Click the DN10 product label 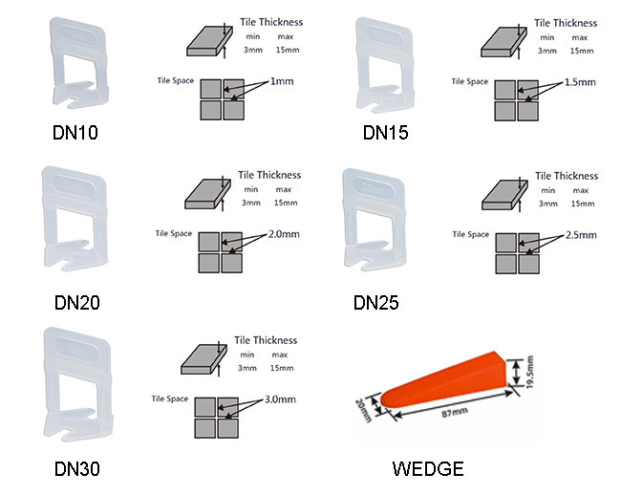(75, 133)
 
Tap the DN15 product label (385, 133)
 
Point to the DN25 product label (375, 303)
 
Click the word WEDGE (427, 468)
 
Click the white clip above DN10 (75, 67)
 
